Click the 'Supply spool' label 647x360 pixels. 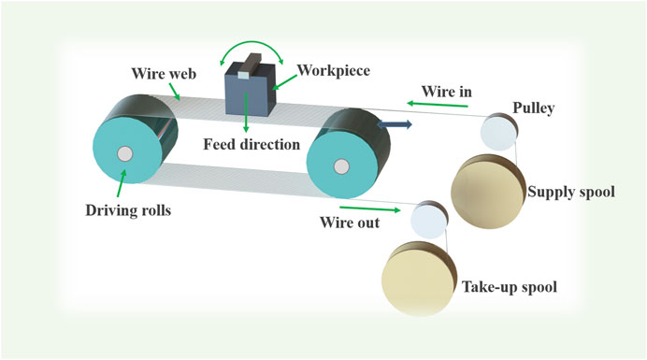pos(571,193)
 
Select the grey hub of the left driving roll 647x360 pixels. pos(124,154)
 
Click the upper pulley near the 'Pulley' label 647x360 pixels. pos(496,132)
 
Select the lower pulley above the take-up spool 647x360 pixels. pos(429,220)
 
